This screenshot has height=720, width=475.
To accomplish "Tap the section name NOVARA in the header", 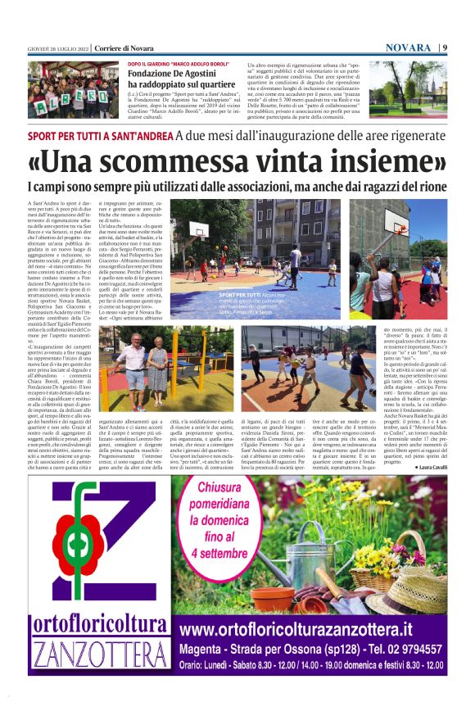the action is (407, 48).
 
